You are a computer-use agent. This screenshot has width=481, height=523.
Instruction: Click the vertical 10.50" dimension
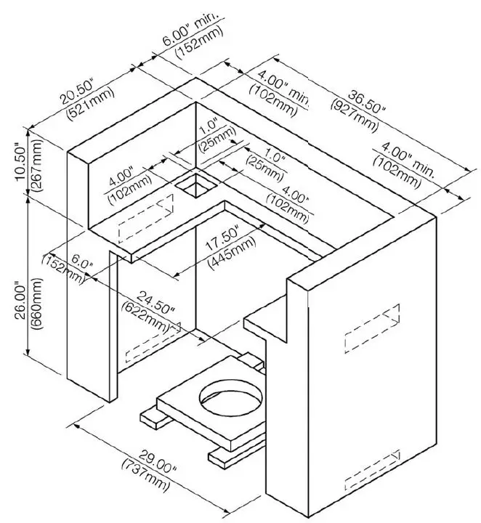tap(20, 161)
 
